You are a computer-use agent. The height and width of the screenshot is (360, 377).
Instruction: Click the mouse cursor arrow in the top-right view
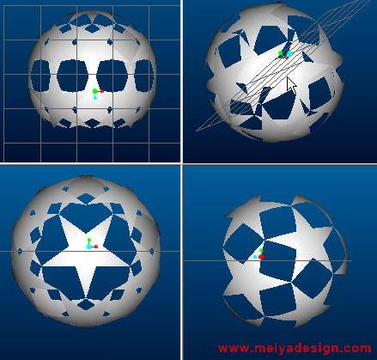point(291,85)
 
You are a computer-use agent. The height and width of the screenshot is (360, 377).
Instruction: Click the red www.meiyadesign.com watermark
point(295,349)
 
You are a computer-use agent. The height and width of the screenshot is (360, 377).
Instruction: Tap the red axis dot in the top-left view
point(102,91)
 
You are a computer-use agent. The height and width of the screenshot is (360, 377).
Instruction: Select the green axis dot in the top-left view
point(95,91)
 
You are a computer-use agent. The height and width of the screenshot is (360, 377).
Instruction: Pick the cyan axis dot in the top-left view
point(95,98)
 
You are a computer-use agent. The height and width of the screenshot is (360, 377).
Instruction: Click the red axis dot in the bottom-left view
point(96,247)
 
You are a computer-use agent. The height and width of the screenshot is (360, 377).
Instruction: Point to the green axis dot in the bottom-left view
point(89,240)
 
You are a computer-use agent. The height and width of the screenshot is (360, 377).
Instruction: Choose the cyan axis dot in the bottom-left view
point(89,247)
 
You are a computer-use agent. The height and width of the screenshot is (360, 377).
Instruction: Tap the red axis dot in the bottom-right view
point(261,257)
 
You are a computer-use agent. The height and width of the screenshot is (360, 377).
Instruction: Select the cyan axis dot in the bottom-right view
point(255,257)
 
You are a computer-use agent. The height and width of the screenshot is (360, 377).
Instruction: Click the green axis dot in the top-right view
point(281,53)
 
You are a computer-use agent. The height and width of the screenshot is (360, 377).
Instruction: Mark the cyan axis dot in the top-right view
point(289,54)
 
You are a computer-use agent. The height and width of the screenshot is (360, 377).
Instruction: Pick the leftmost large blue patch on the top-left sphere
point(40,76)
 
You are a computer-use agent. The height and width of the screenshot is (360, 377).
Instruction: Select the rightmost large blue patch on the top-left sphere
point(144,76)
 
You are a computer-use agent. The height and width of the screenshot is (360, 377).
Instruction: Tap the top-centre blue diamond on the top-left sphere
point(92,28)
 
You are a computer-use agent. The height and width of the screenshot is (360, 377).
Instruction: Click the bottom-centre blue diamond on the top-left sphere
point(92,124)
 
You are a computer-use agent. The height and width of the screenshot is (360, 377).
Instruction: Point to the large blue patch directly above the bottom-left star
point(86,217)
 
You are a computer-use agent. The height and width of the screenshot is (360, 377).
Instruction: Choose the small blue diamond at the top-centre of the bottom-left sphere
point(85,198)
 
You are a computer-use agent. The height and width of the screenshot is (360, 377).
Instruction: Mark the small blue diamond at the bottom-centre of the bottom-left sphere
point(85,304)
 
